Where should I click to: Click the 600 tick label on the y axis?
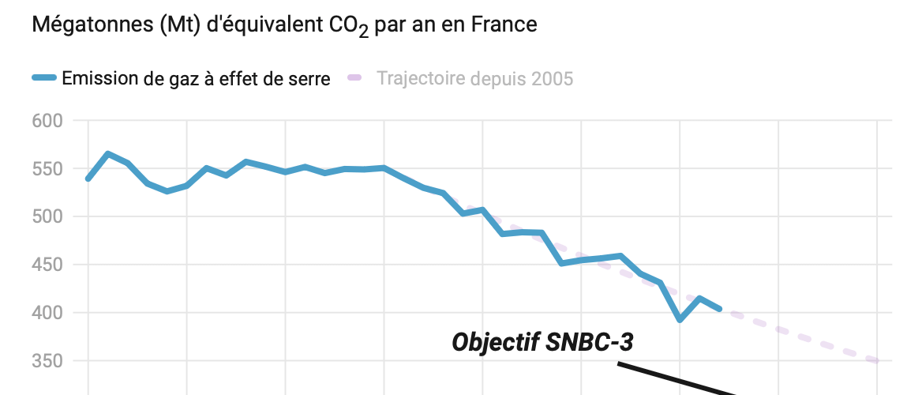pos(47,121)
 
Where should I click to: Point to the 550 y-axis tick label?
pos(47,169)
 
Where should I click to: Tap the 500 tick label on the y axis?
pos(47,216)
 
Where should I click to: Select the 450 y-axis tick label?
pos(47,265)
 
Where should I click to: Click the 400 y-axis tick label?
pos(47,313)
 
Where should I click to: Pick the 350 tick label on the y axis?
pos(47,361)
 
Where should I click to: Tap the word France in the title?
pos(503,25)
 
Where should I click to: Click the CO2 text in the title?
pos(347,27)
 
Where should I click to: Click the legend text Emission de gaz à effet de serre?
pos(196,78)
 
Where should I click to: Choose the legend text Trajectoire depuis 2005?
pos(475,78)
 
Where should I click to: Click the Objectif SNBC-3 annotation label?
pos(543,342)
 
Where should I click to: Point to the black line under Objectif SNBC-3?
pos(679,378)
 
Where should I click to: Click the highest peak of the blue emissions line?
pos(108,153)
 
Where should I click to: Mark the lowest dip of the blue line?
pos(680,319)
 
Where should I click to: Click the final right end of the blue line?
pos(719,308)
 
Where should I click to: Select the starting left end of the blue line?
pos(88,179)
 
